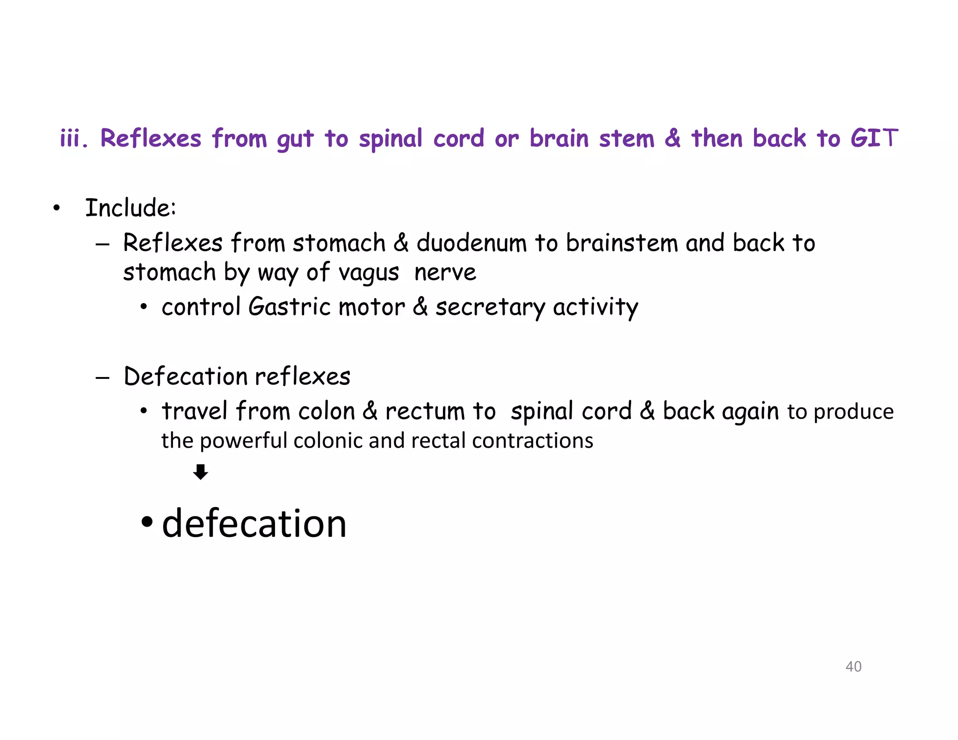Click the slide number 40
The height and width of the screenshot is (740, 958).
coord(853,666)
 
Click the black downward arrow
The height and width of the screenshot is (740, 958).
coord(201,472)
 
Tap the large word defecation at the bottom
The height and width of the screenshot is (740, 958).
coord(254,523)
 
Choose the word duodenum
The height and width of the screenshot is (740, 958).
coord(472,243)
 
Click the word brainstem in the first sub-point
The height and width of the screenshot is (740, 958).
coord(622,243)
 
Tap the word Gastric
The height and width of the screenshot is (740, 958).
coord(290,307)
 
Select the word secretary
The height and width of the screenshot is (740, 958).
coord(490,308)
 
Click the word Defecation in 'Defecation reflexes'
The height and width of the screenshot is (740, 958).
coord(185,377)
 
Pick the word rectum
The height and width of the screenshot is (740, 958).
coord(425,412)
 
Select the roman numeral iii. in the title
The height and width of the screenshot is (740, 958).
coord(73,138)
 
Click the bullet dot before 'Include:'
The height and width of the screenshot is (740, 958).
coord(57,209)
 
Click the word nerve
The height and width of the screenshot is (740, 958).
coord(445,273)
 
